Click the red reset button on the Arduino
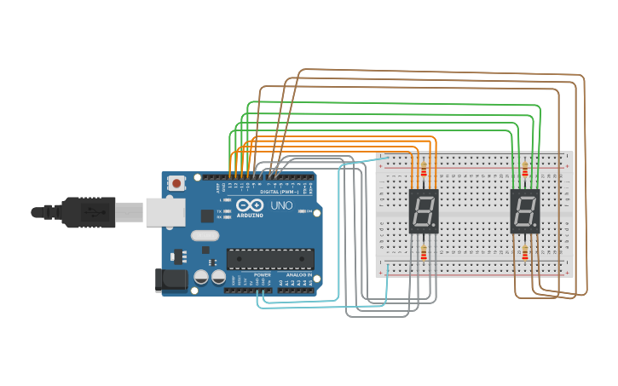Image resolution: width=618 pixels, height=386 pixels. coord(176,182)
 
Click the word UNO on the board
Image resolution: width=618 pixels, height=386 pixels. coord(281,206)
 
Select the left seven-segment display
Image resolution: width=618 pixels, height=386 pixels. coord(424,211)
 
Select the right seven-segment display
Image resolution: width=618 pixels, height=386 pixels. coord(525,211)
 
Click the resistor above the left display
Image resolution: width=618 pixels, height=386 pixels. coord(424,170)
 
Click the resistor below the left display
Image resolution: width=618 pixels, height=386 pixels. coord(424,251)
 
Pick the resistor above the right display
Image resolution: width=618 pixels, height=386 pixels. coord(525,170)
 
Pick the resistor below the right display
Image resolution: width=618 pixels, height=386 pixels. coord(525,252)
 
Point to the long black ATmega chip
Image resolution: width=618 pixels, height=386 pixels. coord(270,258)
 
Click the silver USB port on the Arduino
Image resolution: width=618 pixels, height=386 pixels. coord(165,212)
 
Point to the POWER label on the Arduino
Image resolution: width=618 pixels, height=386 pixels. coord(263,275)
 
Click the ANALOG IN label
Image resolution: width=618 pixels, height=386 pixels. coord(298,275)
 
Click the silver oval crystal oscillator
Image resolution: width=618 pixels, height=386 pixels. coord(205,235)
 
